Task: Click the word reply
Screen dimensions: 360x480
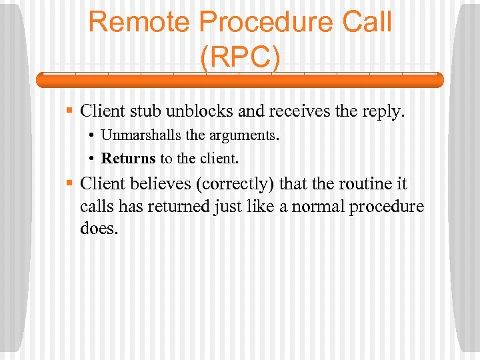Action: pyautogui.click(x=383, y=111)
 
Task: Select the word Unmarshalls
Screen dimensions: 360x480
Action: pyautogui.click(x=141, y=135)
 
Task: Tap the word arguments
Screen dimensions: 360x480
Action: pyautogui.click(x=244, y=136)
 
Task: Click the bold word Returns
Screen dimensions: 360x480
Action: pyautogui.click(x=128, y=159)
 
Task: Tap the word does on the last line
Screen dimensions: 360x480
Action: pyautogui.click(x=99, y=229)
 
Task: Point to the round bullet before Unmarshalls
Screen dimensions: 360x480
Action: pyautogui.click(x=91, y=136)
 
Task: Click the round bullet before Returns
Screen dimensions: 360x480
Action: pyautogui.click(x=91, y=159)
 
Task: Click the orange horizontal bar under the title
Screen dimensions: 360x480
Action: pyautogui.click(x=239, y=80)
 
